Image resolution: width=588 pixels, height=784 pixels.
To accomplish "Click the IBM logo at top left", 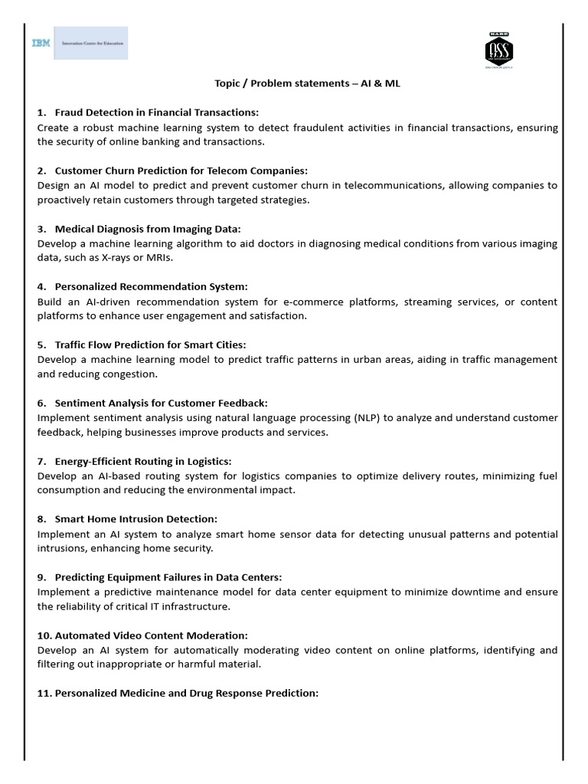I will [41, 44].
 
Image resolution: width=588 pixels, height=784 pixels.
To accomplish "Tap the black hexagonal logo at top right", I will [499, 50].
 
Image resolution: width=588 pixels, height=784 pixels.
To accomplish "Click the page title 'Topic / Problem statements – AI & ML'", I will [306, 83].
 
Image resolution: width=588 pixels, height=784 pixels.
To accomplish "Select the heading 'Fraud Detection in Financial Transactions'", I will [157, 113].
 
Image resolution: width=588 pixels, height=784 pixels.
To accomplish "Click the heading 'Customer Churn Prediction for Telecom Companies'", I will [181, 171].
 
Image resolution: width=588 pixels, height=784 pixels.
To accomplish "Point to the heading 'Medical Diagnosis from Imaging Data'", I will [148, 228].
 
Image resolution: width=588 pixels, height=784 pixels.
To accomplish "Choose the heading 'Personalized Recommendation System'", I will [151, 286].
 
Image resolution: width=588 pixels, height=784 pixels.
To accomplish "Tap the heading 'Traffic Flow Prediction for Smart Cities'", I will [150, 345].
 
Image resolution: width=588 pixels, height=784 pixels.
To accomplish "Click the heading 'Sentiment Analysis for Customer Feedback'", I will [161, 403].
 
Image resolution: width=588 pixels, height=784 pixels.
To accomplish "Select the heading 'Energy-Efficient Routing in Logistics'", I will [142, 461].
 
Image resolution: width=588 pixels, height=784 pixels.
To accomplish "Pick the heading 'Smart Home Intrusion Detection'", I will [136, 519].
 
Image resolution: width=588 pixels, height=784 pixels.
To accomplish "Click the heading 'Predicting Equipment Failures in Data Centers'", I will [168, 577].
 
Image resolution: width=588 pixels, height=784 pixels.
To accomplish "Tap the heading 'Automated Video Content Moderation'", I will [151, 635].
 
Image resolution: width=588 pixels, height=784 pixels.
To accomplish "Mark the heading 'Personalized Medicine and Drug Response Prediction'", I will [186, 694].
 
